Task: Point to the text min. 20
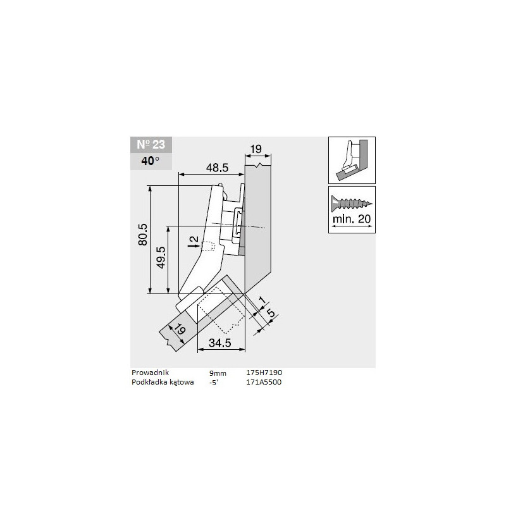pyautogui.click(x=352, y=221)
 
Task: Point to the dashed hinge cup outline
pyautogui.click(x=218, y=311)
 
